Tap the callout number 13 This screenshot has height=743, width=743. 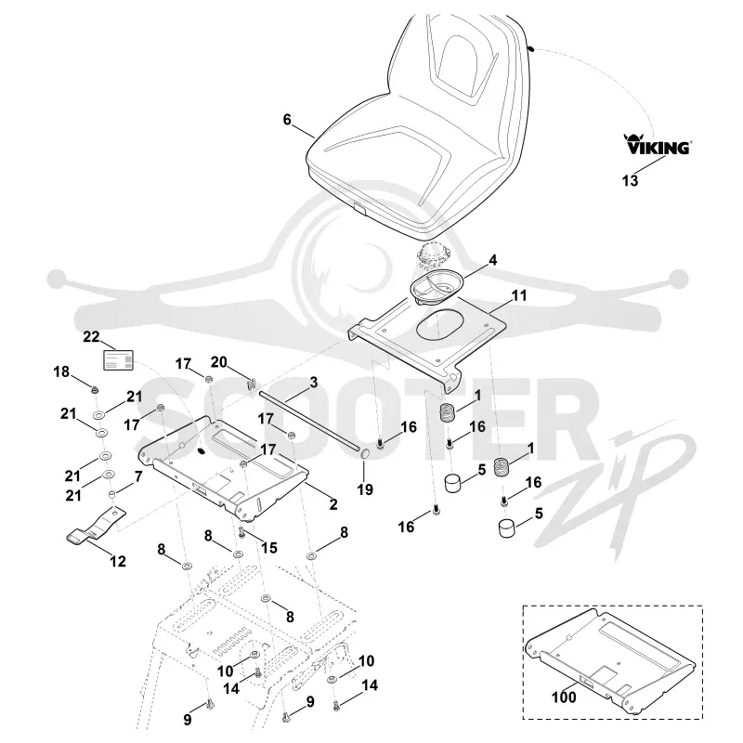(x=631, y=180)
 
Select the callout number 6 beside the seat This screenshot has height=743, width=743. (x=287, y=120)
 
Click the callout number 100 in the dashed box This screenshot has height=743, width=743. (x=564, y=697)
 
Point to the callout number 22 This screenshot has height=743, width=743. (x=91, y=336)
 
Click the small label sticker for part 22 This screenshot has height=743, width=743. (x=119, y=360)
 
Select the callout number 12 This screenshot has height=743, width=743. (x=118, y=562)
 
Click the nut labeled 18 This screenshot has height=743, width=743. (x=96, y=390)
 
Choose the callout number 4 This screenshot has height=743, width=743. (x=493, y=260)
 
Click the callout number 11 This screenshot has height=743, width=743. (x=519, y=295)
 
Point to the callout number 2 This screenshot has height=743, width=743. (x=333, y=504)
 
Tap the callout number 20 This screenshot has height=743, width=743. (x=219, y=362)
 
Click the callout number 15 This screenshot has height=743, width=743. (x=268, y=548)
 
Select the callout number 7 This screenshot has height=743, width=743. (x=138, y=476)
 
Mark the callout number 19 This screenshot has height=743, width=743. (x=365, y=489)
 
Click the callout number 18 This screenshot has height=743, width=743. (x=61, y=372)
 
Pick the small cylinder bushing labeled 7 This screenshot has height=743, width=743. (x=113, y=495)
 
